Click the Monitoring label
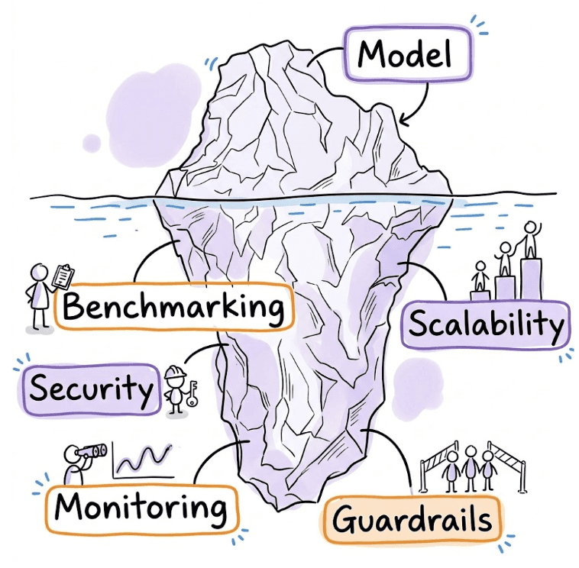point(142,507)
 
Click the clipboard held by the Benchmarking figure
point(65,276)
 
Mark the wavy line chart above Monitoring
point(142,459)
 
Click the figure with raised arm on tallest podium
point(530,240)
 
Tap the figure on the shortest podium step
point(480,276)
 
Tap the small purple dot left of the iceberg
point(92,142)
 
